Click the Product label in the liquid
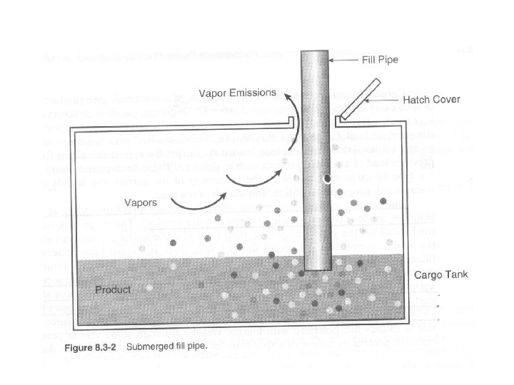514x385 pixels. [114, 290]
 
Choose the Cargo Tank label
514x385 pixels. [438, 275]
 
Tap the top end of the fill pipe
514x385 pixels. [314, 54]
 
